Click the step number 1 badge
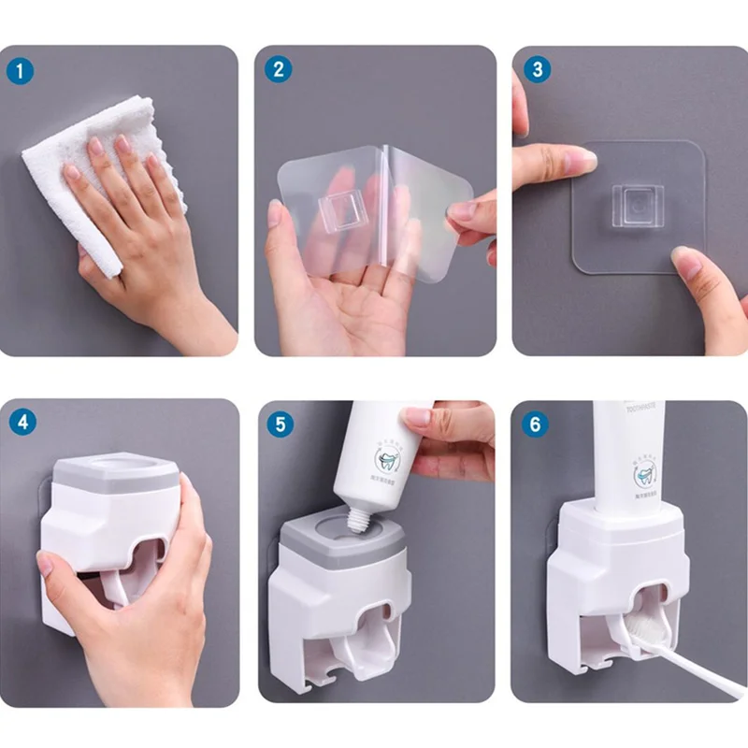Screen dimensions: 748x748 click(21, 69)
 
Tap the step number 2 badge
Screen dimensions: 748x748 click(278, 69)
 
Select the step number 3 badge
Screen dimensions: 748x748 click(535, 69)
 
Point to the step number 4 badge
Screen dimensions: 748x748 click(21, 423)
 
